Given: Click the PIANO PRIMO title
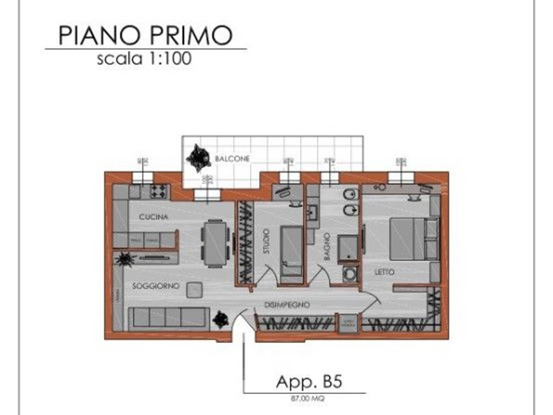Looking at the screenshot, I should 146,35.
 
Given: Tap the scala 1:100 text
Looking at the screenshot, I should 144,58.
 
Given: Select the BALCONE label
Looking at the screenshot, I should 232,159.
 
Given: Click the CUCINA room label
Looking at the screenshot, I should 153,217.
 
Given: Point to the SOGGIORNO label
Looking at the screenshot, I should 156,286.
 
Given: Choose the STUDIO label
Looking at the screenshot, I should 266,241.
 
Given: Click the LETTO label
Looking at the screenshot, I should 384,272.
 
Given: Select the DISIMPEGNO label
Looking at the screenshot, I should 287,305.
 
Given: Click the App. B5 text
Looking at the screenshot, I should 309,382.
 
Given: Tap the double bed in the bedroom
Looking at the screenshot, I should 408,238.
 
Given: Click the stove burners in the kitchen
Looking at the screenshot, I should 159,191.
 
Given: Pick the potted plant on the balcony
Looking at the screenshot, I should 198,157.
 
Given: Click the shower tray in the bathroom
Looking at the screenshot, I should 347,249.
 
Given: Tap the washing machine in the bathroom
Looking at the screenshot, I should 350,274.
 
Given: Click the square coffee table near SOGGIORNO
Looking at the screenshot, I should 194,290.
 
